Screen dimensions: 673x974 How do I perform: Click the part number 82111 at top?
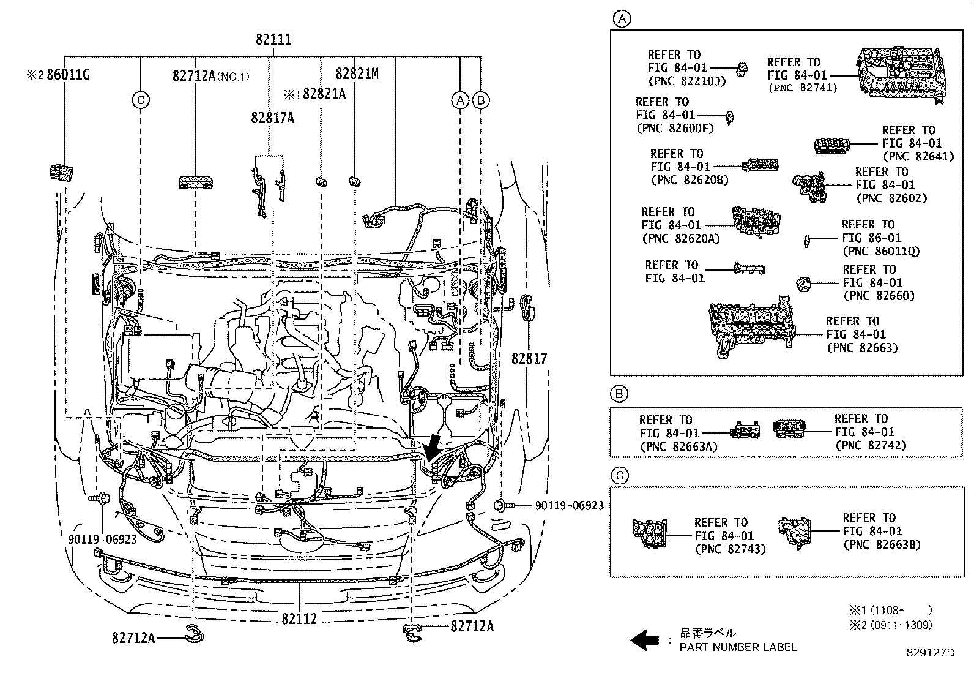(x=273, y=40)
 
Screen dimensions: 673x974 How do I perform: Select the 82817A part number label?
(x=272, y=118)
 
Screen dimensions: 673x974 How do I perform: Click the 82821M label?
(x=357, y=74)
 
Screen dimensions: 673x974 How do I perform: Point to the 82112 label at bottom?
(x=300, y=619)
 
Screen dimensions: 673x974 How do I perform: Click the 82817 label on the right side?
(x=529, y=358)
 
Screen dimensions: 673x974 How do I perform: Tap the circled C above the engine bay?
(x=141, y=100)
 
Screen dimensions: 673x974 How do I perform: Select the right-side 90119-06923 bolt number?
(x=569, y=506)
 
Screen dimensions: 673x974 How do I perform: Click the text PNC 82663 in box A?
(x=862, y=348)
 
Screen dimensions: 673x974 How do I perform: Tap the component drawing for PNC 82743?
(x=650, y=533)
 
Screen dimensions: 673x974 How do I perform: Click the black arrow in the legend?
(x=643, y=641)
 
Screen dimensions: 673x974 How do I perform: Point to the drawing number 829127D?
(x=930, y=653)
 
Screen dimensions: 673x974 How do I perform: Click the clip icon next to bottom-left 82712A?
(x=194, y=637)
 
